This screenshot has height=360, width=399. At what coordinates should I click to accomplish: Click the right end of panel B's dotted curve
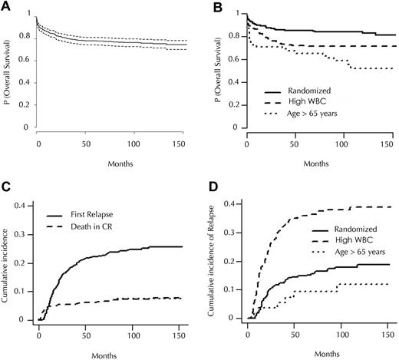(x=388, y=68)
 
